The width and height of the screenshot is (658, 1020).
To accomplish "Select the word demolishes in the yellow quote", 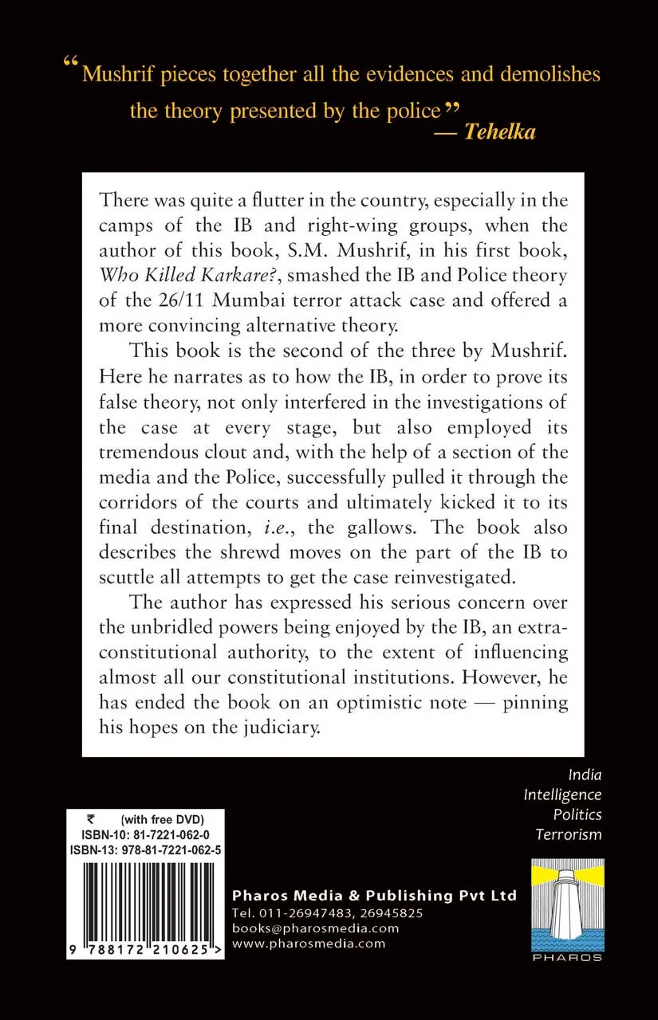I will tap(550, 75).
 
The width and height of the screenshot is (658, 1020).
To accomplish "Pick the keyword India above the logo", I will tap(585, 774).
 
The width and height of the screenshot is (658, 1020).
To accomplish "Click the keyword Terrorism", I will tap(568, 834).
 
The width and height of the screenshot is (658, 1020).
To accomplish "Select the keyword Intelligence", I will tap(562, 794).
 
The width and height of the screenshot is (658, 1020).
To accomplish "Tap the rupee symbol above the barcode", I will tap(76, 819).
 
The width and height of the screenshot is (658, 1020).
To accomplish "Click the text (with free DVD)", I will tap(163, 819).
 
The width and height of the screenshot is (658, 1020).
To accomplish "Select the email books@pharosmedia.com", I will tap(314, 928).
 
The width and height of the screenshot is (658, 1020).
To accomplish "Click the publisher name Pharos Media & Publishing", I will tap(373, 895).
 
